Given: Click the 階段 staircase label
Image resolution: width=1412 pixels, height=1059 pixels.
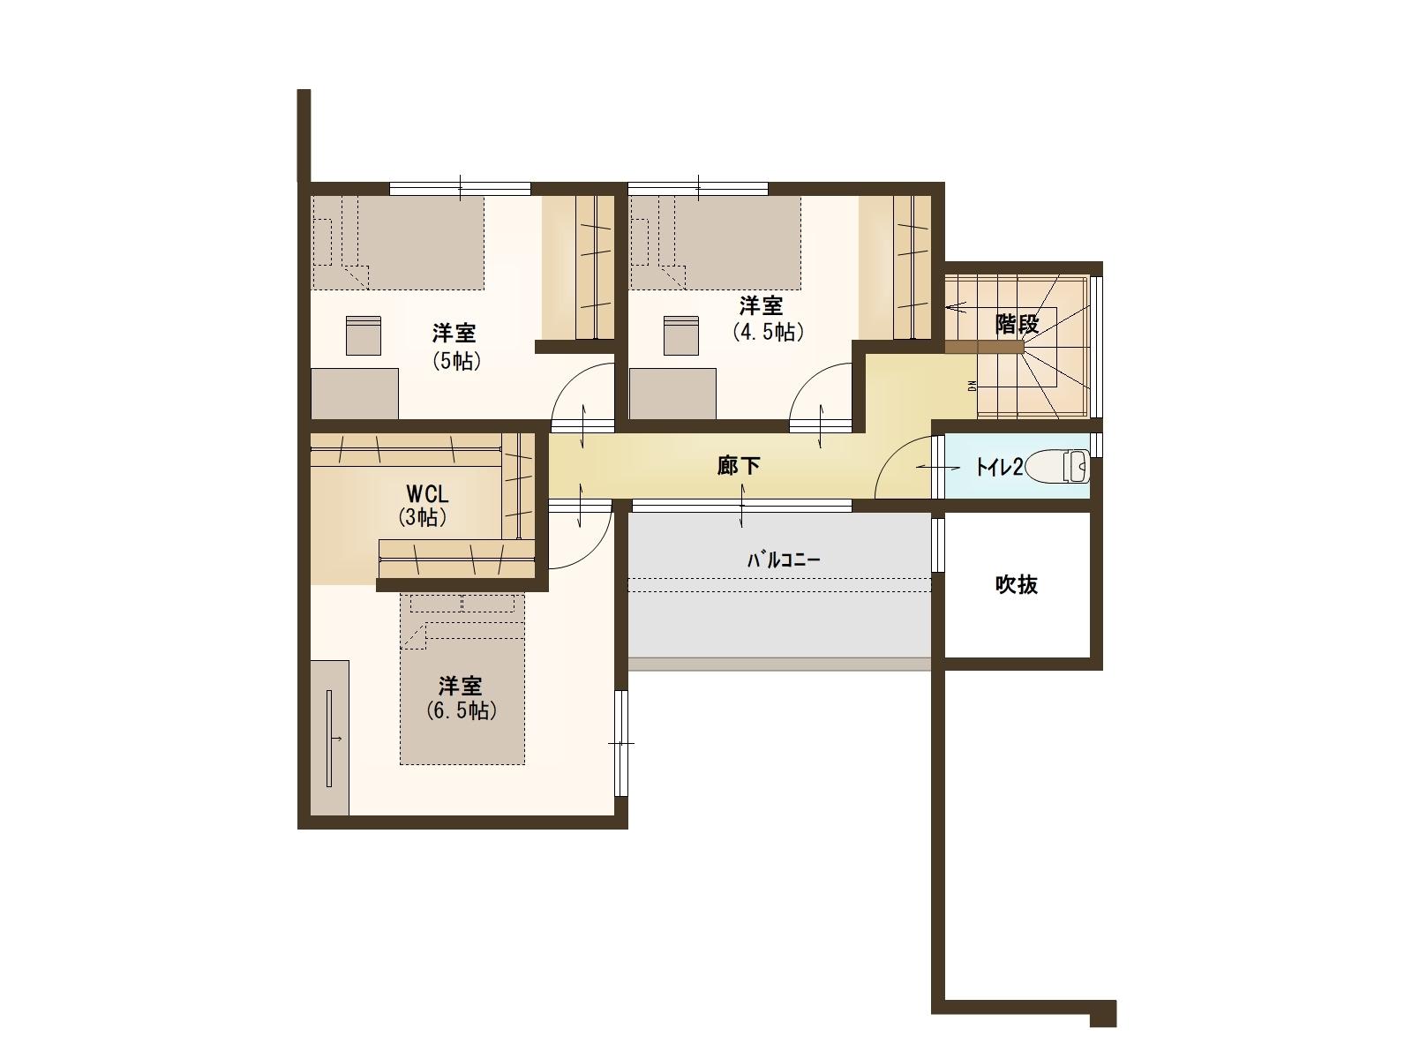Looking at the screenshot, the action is point(1017,323).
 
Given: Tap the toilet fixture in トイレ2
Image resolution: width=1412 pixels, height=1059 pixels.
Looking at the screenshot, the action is point(1057,466).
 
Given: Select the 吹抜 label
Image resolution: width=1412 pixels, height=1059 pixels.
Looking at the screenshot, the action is point(1017,584).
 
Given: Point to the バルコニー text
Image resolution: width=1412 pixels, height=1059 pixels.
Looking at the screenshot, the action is point(784,560).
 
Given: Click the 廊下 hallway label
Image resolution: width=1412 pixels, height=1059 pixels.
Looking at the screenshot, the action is point(739,466).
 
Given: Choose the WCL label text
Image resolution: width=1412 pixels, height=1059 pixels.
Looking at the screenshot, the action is point(427,494).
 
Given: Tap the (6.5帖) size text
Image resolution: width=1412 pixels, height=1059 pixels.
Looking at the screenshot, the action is point(462,710).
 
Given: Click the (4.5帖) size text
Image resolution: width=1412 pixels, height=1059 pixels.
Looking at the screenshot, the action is point(769,332).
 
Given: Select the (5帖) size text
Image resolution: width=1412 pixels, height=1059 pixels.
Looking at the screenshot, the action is point(457,361).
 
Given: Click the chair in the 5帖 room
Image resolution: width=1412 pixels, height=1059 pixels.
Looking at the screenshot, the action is point(364,335).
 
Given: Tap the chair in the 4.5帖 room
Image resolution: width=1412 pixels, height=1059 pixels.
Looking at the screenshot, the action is point(681,335).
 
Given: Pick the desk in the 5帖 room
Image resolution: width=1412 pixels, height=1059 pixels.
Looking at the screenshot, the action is point(355,394).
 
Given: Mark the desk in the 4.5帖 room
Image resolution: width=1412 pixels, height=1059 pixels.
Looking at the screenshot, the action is point(672,394).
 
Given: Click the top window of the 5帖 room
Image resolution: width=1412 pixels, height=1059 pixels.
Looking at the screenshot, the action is point(460,188).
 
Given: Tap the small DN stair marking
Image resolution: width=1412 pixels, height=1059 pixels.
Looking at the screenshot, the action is point(972,386).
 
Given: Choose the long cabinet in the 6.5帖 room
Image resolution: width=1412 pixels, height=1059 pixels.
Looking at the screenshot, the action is point(330,738).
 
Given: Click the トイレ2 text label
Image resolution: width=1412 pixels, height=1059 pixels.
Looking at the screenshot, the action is point(998,467).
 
